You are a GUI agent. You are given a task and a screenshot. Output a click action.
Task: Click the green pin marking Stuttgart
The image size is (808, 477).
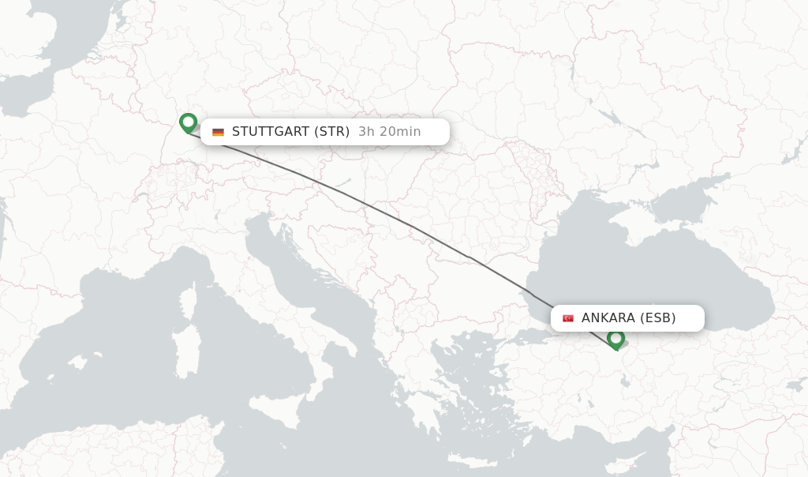point(188,122)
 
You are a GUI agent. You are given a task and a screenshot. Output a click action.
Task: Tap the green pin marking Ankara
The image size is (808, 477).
point(615,339)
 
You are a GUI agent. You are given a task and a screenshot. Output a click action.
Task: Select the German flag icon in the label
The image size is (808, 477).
point(218,132)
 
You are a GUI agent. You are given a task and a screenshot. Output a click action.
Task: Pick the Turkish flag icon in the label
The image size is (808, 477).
point(567,318)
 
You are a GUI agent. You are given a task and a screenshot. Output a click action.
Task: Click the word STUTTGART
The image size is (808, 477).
point(270,132)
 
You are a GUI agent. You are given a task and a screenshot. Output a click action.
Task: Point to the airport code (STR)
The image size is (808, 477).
point(332,132)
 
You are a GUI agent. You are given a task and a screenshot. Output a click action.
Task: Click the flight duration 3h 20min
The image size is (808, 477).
point(390,132)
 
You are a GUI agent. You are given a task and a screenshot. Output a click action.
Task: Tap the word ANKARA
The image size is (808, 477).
point(608,318)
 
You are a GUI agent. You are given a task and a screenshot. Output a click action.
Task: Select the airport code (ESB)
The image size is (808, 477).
point(658,318)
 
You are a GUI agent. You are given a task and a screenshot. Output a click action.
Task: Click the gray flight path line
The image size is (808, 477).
point(410,226)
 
